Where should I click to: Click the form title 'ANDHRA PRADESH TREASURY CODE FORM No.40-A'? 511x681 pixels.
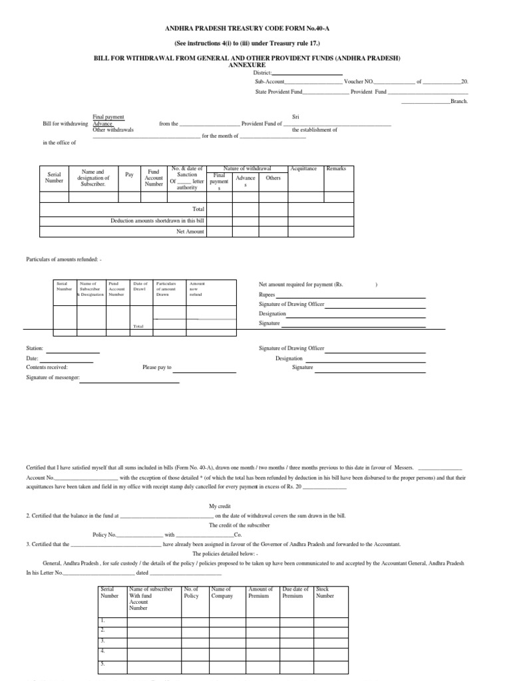pyautogui.click(x=256, y=30)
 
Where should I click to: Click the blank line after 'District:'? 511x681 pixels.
pyautogui.click(x=307, y=73)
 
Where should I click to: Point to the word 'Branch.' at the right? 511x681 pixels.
pyautogui.click(x=460, y=101)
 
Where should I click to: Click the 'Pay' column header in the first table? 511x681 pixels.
pyautogui.click(x=129, y=175)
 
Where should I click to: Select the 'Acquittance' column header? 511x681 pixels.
pyautogui.click(x=304, y=169)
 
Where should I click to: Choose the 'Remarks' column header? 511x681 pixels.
pyautogui.click(x=336, y=169)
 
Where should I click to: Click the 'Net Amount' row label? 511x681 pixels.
pyautogui.click(x=190, y=231)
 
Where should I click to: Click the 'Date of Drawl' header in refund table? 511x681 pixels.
pyautogui.click(x=140, y=287)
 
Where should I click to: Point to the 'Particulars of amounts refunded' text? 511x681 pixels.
pyautogui.click(x=64, y=258)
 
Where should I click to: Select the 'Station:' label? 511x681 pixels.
pyautogui.click(x=35, y=348)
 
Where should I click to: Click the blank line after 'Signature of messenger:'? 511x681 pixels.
pyautogui.click(x=130, y=382)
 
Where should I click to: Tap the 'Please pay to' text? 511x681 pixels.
pyautogui.click(x=157, y=367)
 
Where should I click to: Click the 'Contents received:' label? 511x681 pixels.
pyautogui.click(x=47, y=367)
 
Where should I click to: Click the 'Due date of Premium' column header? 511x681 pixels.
pyautogui.click(x=295, y=593)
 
